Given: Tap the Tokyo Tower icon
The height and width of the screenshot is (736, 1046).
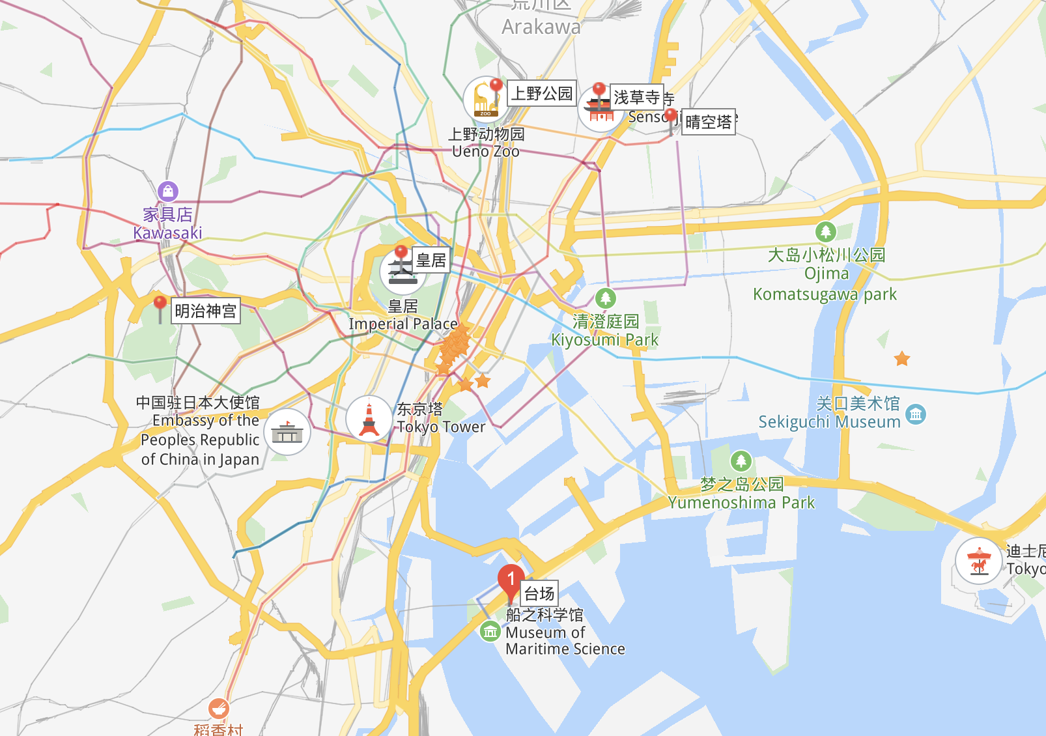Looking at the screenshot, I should pyautogui.click(x=369, y=419).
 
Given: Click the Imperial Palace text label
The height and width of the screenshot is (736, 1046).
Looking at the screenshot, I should pyautogui.click(x=403, y=324).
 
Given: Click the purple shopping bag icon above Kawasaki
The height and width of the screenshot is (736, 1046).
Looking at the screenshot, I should pyautogui.click(x=168, y=191).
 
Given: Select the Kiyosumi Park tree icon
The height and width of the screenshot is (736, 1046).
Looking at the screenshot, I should pyautogui.click(x=606, y=298).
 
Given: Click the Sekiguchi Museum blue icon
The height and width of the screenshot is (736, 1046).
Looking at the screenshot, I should pyautogui.click(x=916, y=414).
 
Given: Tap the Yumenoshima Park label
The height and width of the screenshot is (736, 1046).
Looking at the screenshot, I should pyautogui.click(x=741, y=502).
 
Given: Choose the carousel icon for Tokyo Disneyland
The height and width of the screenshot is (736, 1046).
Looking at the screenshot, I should pyautogui.click(x=978, y=561).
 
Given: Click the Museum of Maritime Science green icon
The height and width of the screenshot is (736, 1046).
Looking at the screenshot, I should pyautogui.click(x=490, y=631).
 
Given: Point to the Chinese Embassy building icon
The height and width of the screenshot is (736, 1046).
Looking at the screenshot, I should pyautogui.click(x=287, y=432).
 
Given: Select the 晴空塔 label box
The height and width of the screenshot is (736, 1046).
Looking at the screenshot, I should pyautogui.click(x=709, y=122).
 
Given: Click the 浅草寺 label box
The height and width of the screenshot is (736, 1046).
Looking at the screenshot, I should pyautogui.click(x=637, y=97).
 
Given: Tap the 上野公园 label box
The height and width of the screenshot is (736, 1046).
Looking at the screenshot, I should pyautogui.click(x=542, y=93).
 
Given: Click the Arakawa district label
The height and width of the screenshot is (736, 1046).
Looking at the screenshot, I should pyautogui.click(x=541, y=27).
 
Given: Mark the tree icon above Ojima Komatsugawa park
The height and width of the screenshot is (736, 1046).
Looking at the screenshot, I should pyautogui.click(x=826, y=231).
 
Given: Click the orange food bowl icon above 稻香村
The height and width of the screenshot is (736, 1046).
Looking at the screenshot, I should pyautogui.click(x=218, y=708).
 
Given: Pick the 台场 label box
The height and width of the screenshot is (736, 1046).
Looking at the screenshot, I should pyautogui.click(x=539, y=593).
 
